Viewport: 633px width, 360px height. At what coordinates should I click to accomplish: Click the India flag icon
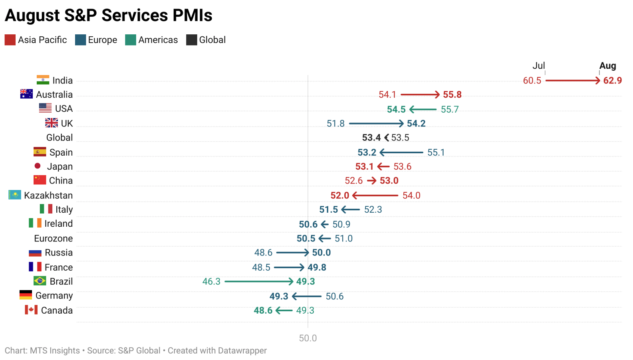pyautogui.click(x=43, y=80)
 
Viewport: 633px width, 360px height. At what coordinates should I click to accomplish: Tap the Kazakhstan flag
pyautogui.click(x=15, y=195)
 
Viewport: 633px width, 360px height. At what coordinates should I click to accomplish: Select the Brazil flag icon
pyautogui.click(x=40, y=281)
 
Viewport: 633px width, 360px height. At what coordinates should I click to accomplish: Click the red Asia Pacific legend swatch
pyautogui.click(x=10, y=40)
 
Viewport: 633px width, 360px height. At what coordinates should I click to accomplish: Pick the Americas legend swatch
pyautogui.click(x=131, y=40)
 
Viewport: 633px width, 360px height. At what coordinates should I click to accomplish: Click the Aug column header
pyautogui.click(x=607, y=66)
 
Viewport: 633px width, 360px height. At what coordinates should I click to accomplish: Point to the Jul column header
pyautogui.click(x=538, y=66)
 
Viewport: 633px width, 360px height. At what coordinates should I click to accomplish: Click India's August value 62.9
pyautogui.click(x=612, y=81)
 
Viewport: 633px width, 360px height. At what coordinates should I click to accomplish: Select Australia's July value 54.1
pyautogui.click(x=387, y=95)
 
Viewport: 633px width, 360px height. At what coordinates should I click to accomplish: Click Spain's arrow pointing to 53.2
pyautogui.click(x=401, y=152)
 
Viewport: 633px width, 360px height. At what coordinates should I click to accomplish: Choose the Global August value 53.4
pyautogui.click(x=371, y=138)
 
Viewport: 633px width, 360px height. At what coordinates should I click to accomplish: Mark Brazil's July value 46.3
pyautogui.click(x=211, y=281)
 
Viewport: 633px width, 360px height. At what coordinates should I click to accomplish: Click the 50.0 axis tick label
pyautogui.click(x=308, y=338)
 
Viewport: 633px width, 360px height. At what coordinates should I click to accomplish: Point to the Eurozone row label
pyautogui.click(x=54, y=239)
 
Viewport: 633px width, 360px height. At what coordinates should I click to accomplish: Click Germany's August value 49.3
pyautogui.click(x=279, y=296)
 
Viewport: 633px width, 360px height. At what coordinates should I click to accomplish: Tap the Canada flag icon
pyautogui.click(x=31, y=310)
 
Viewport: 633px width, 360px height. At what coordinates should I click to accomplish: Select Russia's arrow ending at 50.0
pyautogui.click(x=292, y=253)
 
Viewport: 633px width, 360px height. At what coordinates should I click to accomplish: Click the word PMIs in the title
pyautogui.click(x=192, y=15)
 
